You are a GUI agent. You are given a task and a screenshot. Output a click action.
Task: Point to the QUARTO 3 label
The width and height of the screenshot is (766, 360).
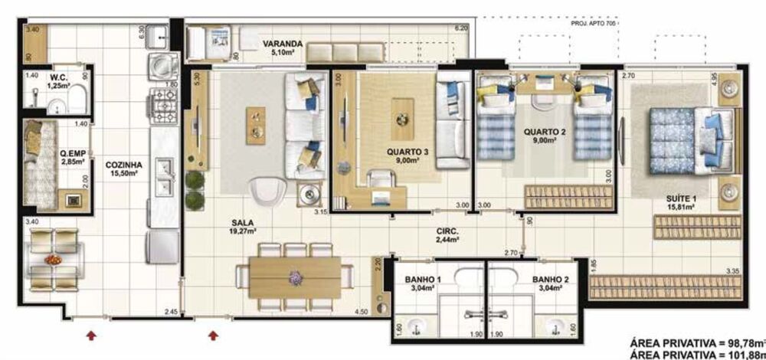click(407, 151)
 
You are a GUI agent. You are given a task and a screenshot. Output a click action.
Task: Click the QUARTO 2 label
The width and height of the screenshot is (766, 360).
click(545, 131)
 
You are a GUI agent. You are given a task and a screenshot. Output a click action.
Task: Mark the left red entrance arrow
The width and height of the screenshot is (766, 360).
click(91, 334)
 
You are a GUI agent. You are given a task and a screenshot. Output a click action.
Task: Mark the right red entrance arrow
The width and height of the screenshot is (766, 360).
click(214, 334)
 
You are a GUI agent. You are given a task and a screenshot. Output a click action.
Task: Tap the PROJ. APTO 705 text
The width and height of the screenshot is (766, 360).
click(593, 24)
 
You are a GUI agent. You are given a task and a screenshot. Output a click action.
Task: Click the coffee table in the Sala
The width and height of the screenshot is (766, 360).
click(255, 124)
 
